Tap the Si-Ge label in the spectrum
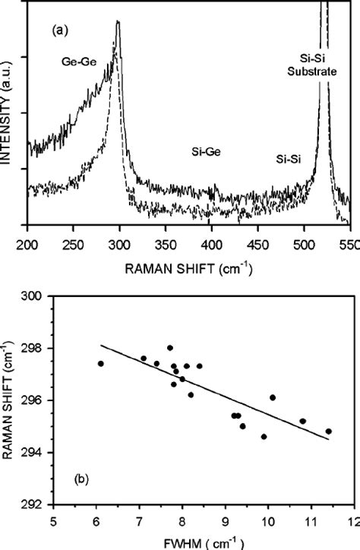coord(207,153)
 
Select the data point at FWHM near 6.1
coord(100,364)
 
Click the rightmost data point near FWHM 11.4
coord(329,431)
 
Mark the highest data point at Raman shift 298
coord(169,348)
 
